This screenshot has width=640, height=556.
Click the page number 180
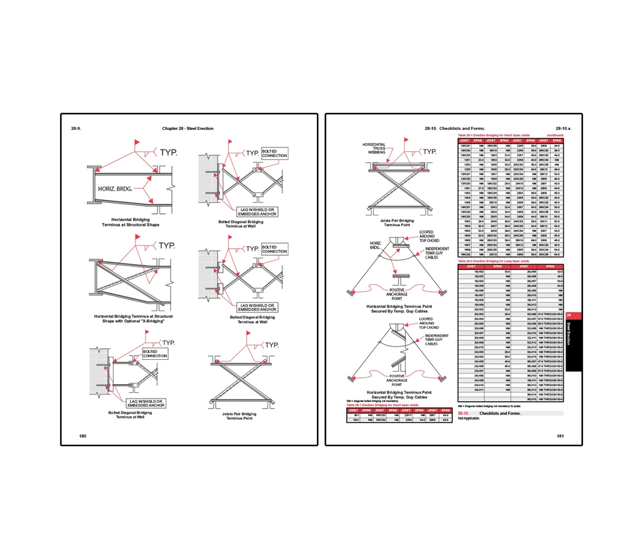pos(82,435)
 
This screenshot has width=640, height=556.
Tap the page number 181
pos(560,436)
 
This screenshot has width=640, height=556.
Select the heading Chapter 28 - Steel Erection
pos(187,129)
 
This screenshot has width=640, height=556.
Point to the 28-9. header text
pos(77,129)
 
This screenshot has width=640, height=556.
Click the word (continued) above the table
pos(554,135)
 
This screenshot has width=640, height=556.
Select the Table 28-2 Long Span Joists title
pos(494,262)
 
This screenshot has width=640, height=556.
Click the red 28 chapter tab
pos(569,315)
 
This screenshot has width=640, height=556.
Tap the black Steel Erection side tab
pos(569,337)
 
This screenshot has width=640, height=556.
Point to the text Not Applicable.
pos(469,418)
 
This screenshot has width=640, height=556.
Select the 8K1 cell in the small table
pos(356,415)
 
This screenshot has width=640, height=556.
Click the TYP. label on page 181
pos(429,152)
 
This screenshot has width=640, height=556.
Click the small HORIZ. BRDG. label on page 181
pos(376,244)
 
